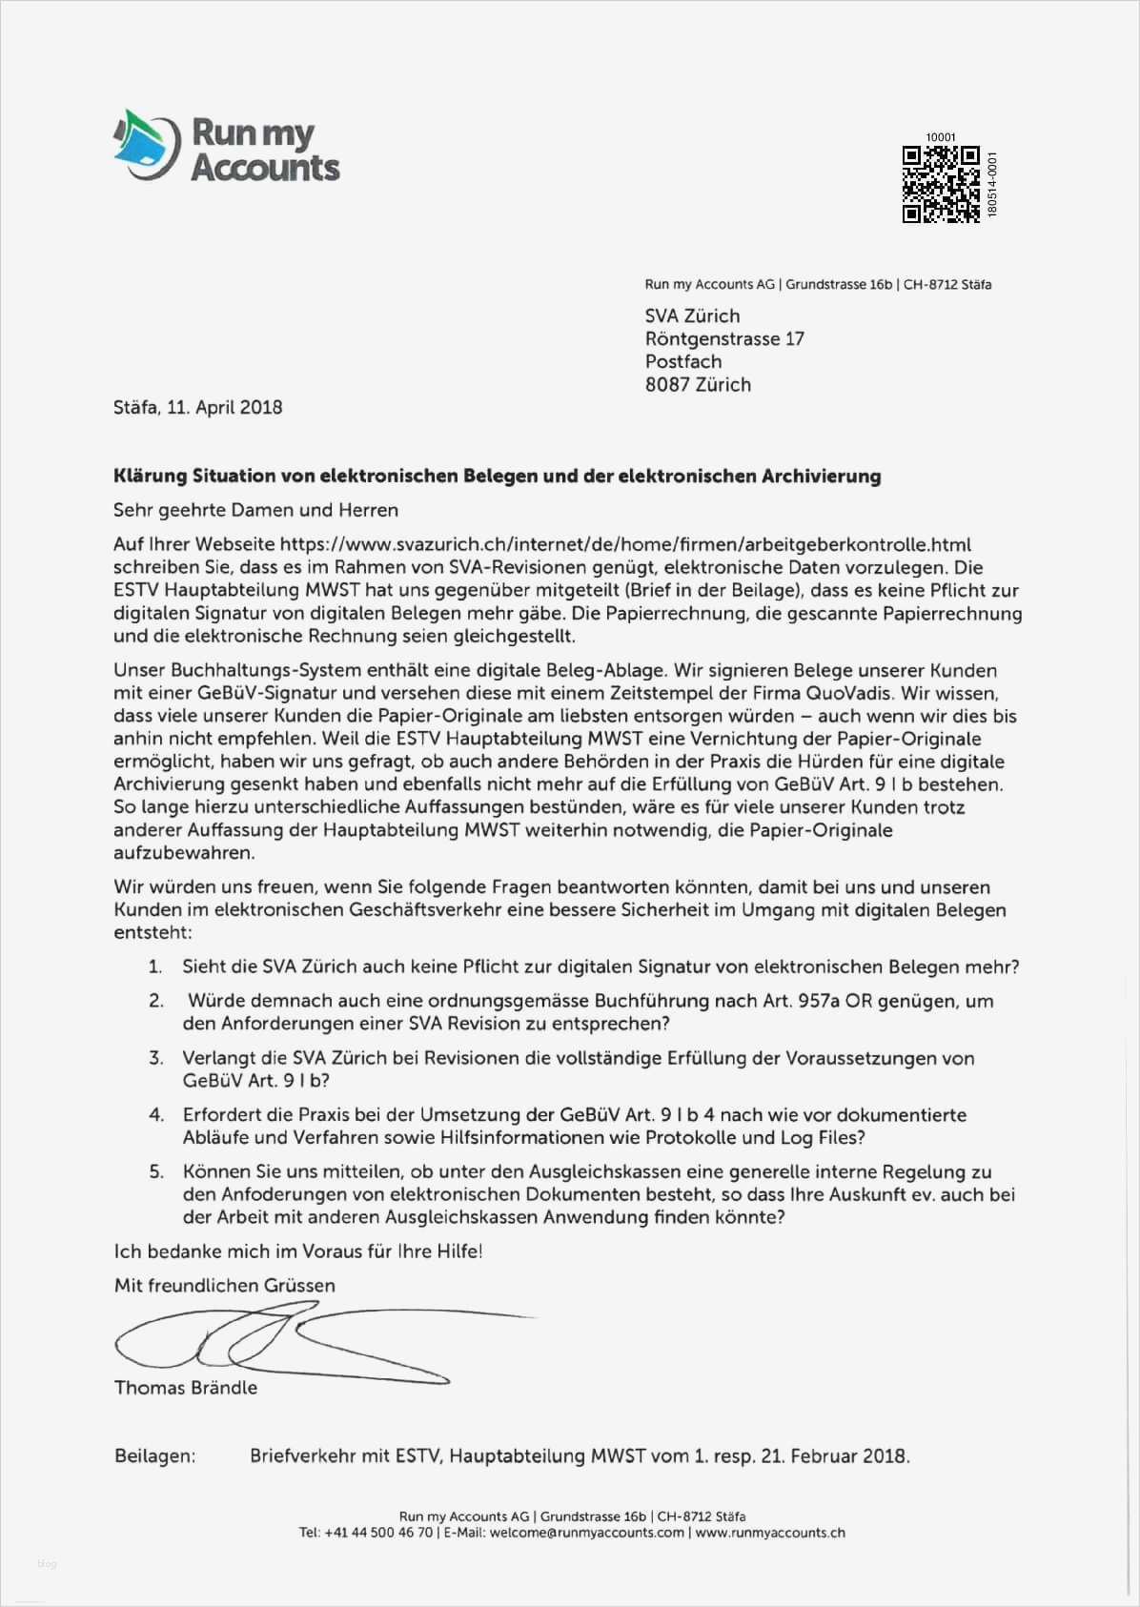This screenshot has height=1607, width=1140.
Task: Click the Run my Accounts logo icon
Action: (147, 144)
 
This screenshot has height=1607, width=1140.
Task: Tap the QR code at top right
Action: (941, 184)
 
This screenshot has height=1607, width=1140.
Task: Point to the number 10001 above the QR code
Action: (940, 137)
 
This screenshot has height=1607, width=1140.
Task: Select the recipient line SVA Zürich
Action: (692, 316)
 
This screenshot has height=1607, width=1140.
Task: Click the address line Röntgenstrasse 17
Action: (724, 339)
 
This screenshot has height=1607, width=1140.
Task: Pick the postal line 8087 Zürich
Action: (698, 385)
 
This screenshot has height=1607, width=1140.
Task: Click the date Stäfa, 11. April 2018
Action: (198, 407)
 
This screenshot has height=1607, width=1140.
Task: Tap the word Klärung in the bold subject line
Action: (148, 476)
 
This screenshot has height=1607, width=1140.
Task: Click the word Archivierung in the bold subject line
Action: (821, 476)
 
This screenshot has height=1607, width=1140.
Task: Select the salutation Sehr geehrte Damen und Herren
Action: (255, 510)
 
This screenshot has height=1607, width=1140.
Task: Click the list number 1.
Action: (155, 967)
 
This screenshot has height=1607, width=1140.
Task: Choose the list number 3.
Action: (155, 1058)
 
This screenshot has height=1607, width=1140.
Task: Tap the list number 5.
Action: (155, 1172)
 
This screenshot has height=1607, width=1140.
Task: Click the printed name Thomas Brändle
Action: (186, 1388)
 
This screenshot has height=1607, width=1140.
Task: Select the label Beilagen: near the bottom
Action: (154, 1456)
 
